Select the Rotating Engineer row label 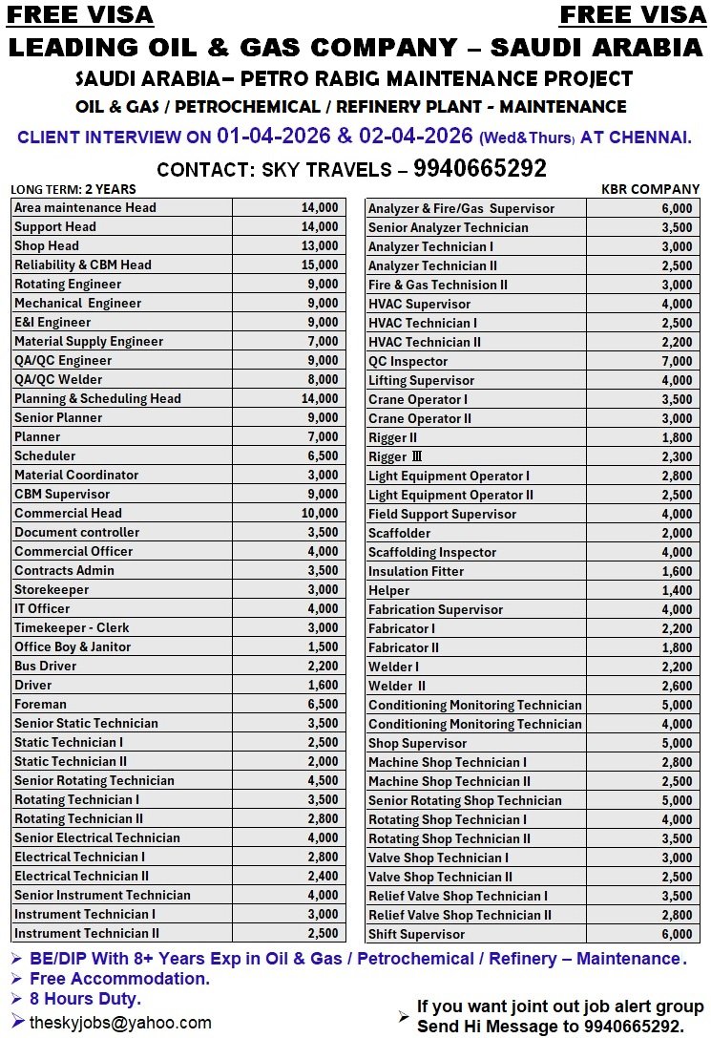click(x=68, y=284)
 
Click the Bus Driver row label click(x=46, y=666)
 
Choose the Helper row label click(x=389, y=590)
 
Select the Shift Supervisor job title click(x=417, y=934)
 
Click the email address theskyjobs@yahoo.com click(x=120, y=1023)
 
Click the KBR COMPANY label click(x=650, y=189)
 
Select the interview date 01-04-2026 click(x=272, y=136)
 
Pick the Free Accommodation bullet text click(x=119, y=979)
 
